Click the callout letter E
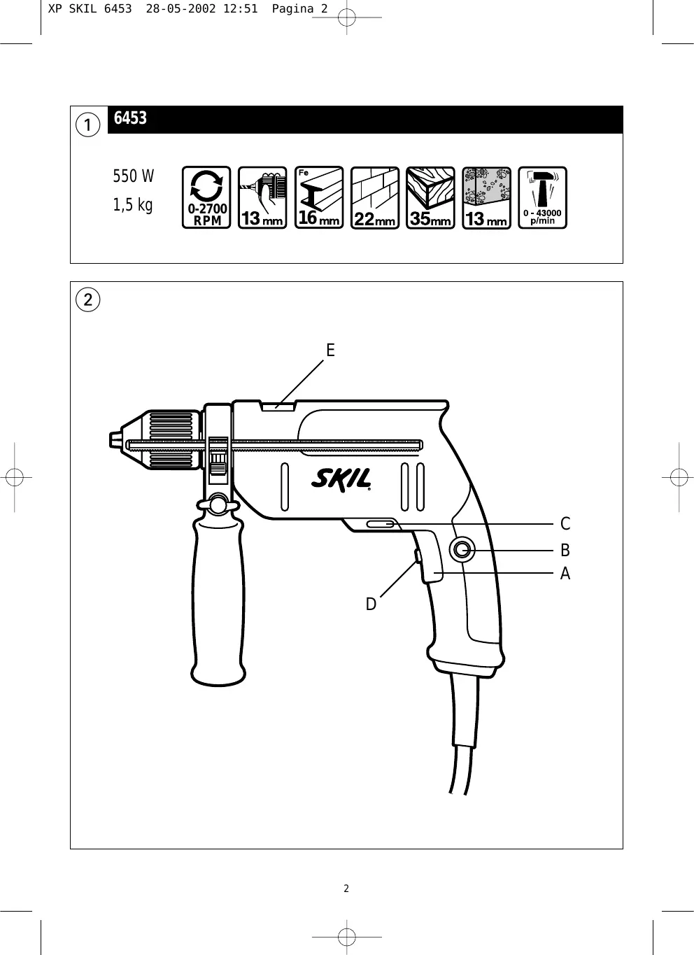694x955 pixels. coord(330,350)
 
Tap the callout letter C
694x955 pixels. coord(565,523)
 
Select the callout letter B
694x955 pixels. coord(565,550)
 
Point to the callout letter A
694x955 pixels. coord(565,574)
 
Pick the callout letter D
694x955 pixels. coord(371,604)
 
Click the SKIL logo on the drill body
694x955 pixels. coord(341,479)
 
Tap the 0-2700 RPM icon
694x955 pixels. coord(206,197)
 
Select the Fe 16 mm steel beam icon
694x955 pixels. coord(319,197)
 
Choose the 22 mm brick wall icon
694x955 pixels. coord(375,197)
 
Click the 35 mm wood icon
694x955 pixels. coord(430,197)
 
